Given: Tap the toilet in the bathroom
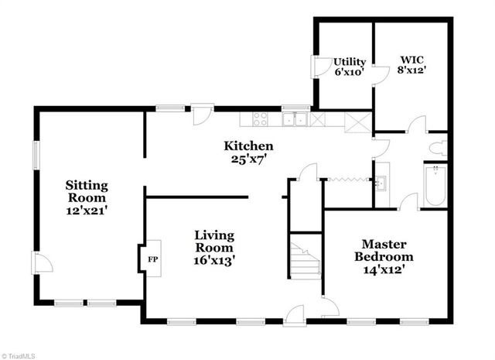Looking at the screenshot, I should (x=438, y=148).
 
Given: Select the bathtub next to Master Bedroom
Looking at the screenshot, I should (x=435, y=185).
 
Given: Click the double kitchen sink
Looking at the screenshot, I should (x=293, y=119).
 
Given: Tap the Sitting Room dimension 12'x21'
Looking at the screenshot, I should (x=87, y=209).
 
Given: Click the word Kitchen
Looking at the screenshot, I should (x=248, y=146).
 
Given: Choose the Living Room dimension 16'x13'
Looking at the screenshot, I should (x=214, y=260).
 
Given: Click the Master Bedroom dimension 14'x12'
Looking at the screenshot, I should (x=384, y=270).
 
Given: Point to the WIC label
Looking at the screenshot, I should (x=411, y=59).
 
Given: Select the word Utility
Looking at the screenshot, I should (x=349, y=60).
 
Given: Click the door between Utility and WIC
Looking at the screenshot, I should (x=379, y=75).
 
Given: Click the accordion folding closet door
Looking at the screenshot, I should (x=346, y=179).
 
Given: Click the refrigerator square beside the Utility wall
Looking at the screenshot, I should (x=357, y=121).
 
